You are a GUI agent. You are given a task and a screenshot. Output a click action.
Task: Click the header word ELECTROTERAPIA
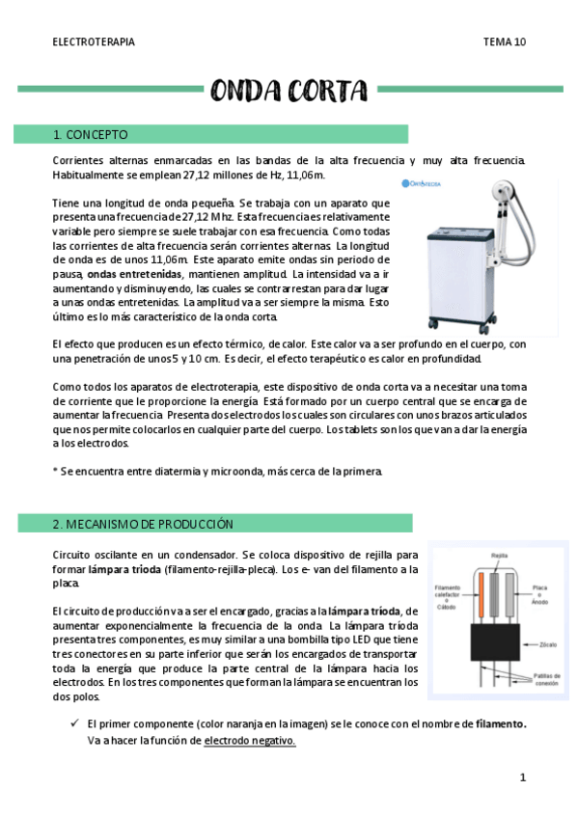93,42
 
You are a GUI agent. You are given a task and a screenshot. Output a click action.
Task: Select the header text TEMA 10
505,42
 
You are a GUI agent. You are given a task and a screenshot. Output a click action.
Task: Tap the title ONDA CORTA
289,91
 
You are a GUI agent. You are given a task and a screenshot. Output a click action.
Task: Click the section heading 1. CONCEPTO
91,134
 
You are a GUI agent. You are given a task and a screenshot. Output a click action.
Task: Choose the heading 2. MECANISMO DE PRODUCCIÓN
143,524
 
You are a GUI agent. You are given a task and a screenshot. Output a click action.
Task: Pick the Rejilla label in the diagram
499,556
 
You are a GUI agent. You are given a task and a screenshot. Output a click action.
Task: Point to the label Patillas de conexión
547,680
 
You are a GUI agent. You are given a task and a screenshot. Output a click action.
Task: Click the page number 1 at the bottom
522,777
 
